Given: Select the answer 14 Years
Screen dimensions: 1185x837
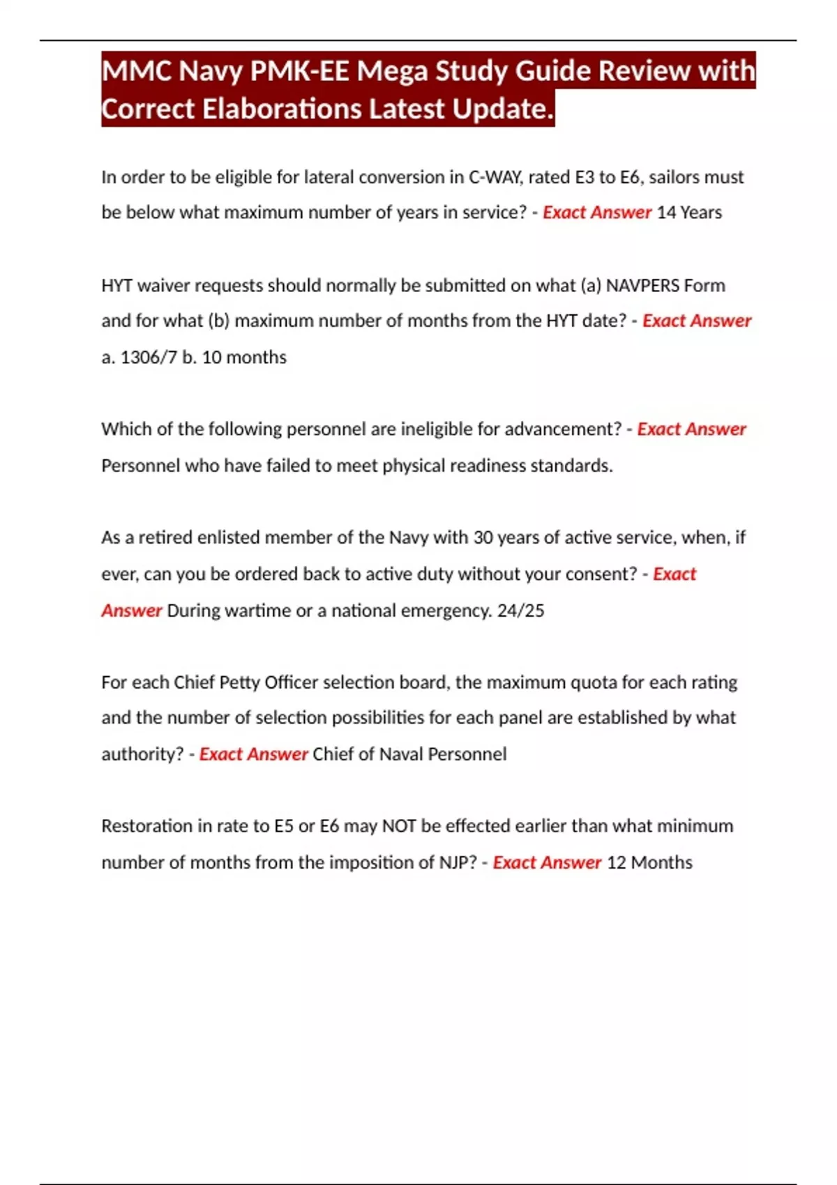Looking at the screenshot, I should click(689, 212).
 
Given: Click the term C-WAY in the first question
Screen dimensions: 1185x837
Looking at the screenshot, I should click(495, 177).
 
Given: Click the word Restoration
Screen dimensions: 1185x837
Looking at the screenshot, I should click(146, 826).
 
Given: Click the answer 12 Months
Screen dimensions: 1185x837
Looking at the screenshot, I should click(649, 862).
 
